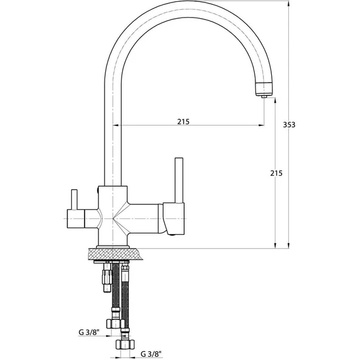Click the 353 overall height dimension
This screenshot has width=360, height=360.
coord(289,125)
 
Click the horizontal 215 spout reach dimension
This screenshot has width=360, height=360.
coord(183,122)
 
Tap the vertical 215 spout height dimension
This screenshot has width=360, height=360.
coord(276,173)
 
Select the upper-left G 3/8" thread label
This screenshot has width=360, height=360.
coord(89,332)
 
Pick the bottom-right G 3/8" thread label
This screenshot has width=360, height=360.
coord(151,354)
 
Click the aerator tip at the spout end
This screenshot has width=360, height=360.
coord(265,97)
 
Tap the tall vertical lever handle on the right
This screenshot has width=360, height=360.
coord(179,181)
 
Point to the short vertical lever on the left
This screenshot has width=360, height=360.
coord(74,199)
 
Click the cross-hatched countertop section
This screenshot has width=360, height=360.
coord(115,254)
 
